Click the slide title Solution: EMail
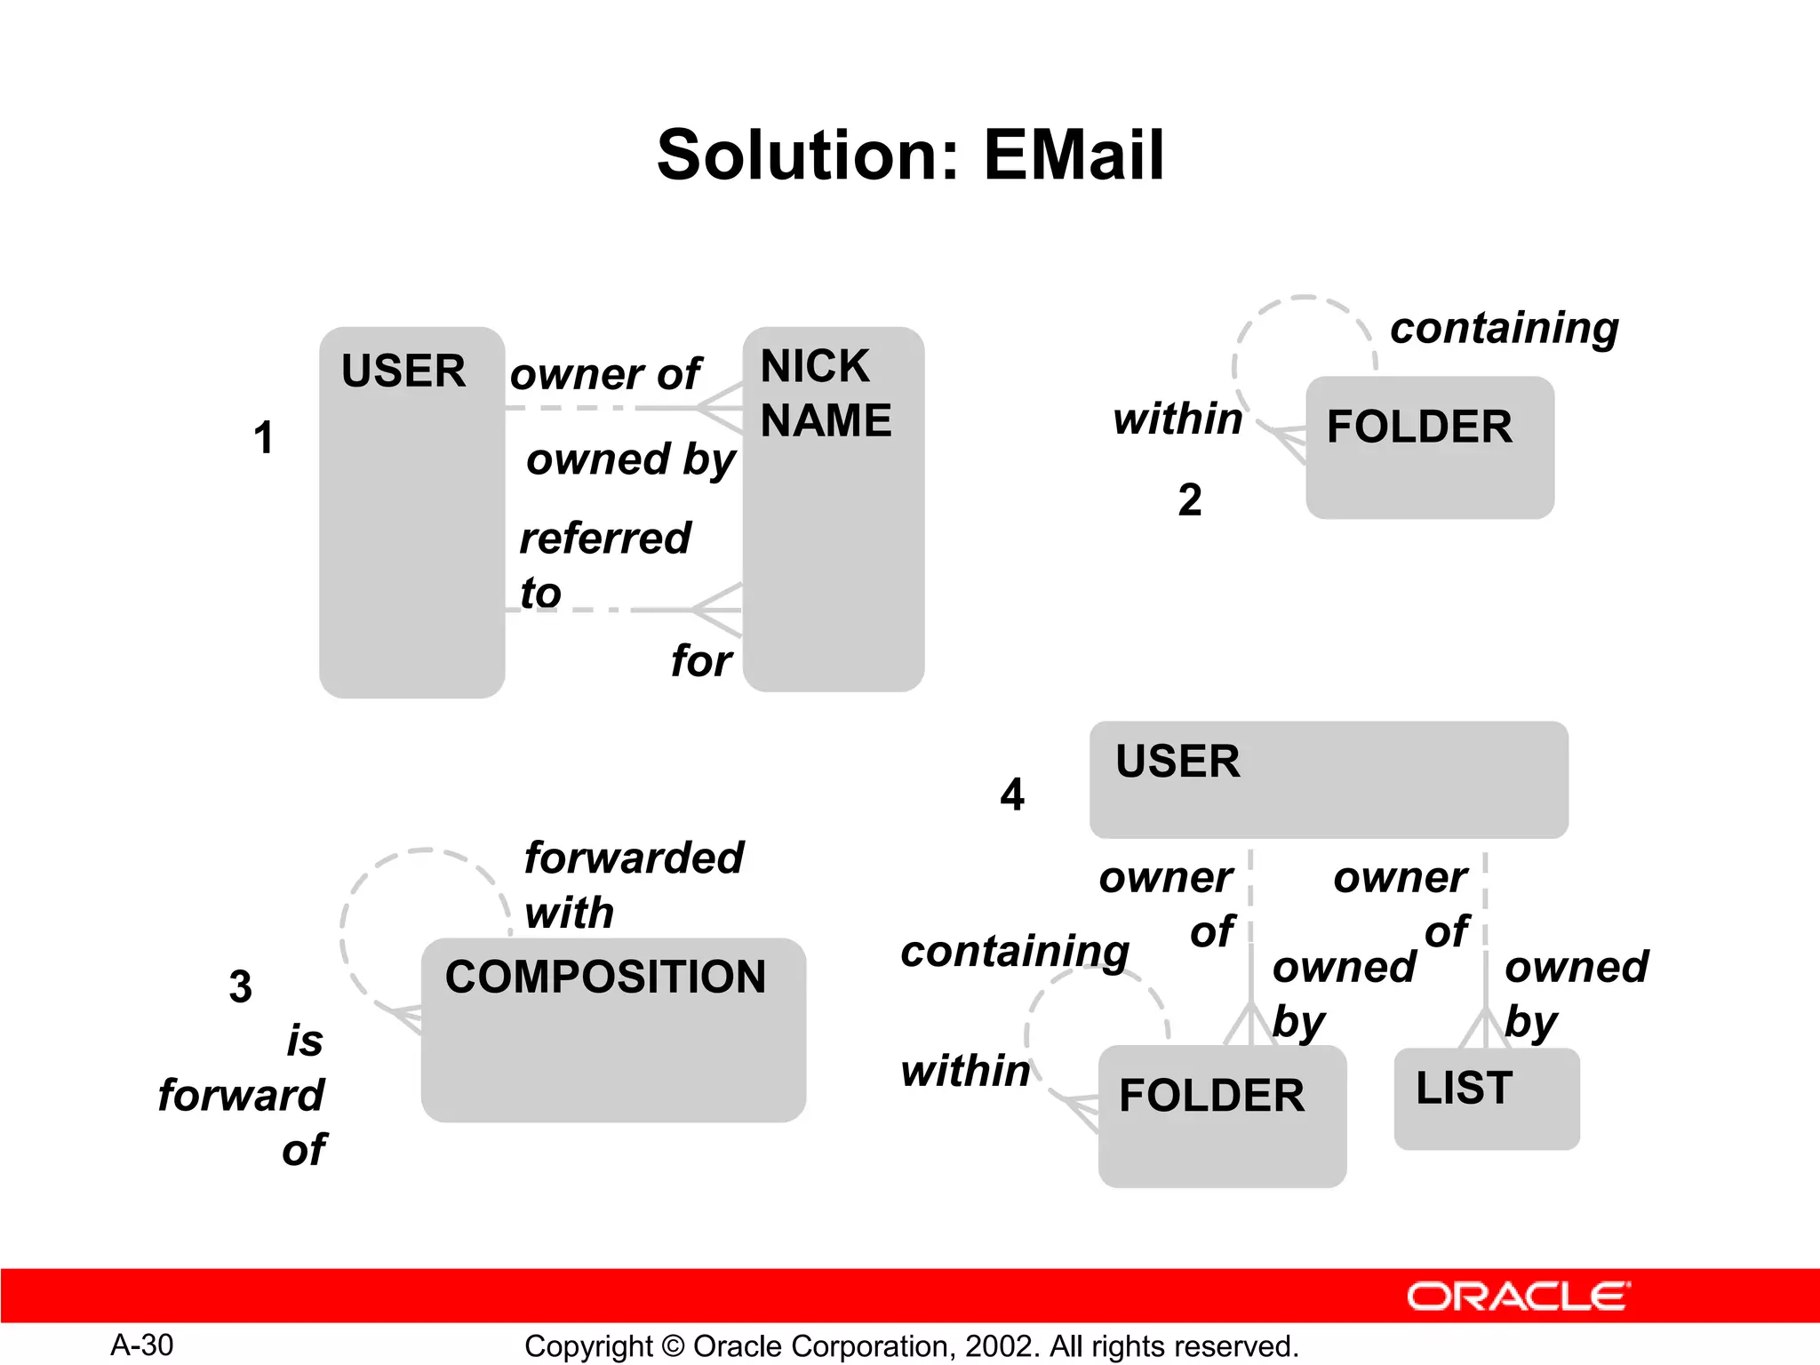910,156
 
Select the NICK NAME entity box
833,533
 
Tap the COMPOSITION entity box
613,1031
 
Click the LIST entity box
1486,1099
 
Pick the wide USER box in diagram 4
1329,779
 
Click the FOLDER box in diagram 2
1429,447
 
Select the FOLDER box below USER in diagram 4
1222,1116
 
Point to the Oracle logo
1518,1297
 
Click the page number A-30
142,1345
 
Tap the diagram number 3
240,986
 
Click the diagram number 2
1190,499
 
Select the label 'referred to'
604,564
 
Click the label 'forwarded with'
633,885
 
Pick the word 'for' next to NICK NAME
701,661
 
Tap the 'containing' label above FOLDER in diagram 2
1504,328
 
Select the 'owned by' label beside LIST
1575,994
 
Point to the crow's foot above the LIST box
1485,1028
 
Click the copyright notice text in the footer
911,1346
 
